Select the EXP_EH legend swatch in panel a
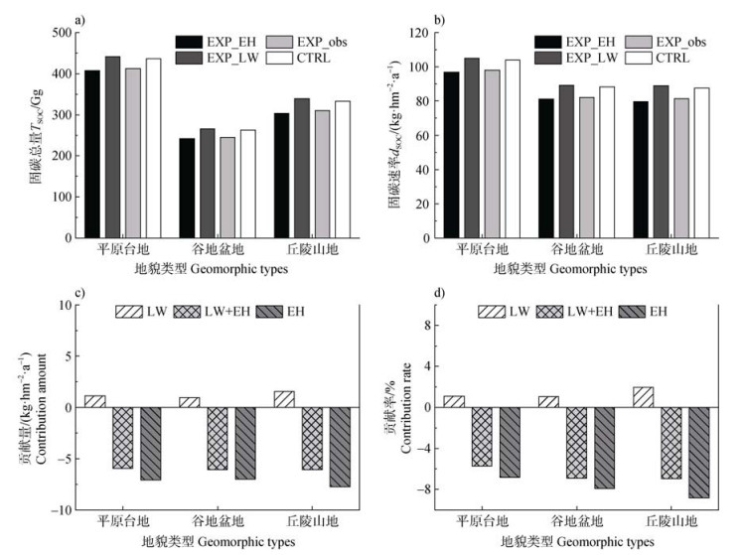click(189, 42)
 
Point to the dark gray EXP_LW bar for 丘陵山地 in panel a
click(301, 168)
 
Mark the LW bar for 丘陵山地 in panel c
click(284, 399)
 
